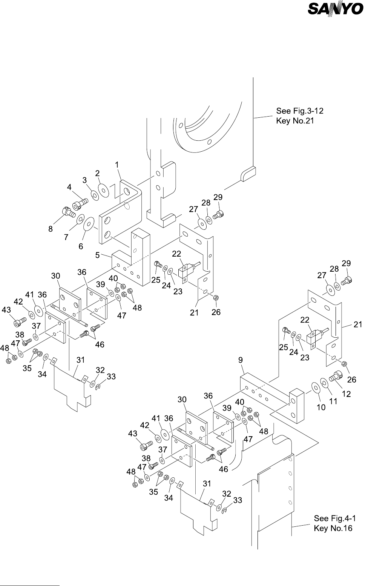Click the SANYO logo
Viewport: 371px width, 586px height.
336,9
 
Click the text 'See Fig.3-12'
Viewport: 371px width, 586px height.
300,111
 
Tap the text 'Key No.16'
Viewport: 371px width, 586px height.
333,528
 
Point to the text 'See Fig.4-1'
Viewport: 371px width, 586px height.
335,518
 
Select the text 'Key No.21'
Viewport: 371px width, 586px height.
295,121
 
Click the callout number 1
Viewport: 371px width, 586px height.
117,165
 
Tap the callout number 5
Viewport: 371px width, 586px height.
98,255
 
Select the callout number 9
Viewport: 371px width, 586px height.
241,360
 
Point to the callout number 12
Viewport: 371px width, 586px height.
346,394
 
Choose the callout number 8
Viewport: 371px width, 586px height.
51,229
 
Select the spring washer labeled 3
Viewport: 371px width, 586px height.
95,195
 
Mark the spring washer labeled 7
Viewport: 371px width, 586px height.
80,220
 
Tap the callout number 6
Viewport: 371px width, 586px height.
81,246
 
